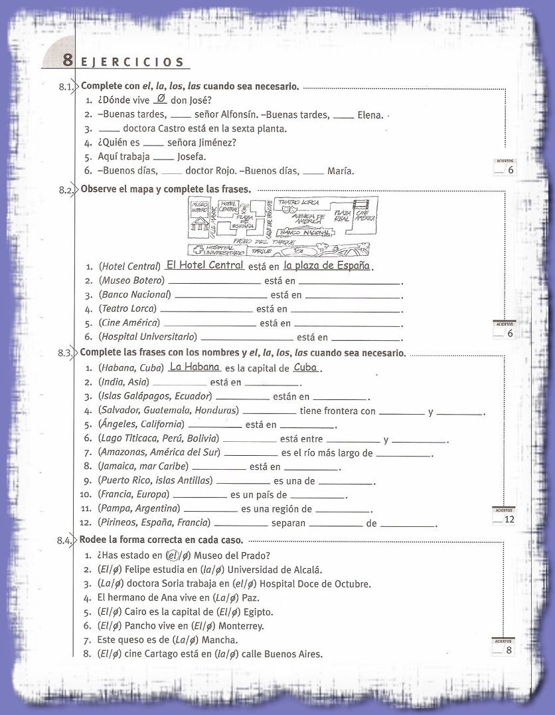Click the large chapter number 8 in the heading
click(x=68, y=60)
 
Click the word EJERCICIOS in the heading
click(x=133, y=62)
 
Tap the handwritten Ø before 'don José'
click(x=159, y=99)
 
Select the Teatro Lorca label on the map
click(x=299, y=202)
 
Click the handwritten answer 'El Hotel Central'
click(x=204, y=264)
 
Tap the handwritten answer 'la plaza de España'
click(x=326, y=266)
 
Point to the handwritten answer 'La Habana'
click(x=194, y=367)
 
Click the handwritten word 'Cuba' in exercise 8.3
click(x=305, y=367)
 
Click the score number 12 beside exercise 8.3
click(x=509, y=519)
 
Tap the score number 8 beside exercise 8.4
click(x=509, y=650)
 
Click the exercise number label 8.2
click(x=66, y=190)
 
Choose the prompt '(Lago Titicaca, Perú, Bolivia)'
click(x=158, y=439)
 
